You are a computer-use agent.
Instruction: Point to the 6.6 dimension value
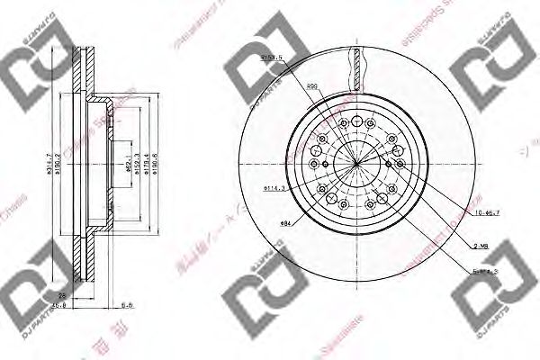pyautogui.click(x=129, y=304)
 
